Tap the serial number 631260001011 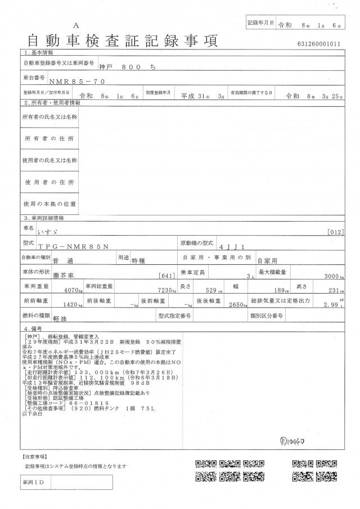319,43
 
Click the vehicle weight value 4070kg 74,291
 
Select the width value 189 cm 278,291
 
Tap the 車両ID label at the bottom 33,483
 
